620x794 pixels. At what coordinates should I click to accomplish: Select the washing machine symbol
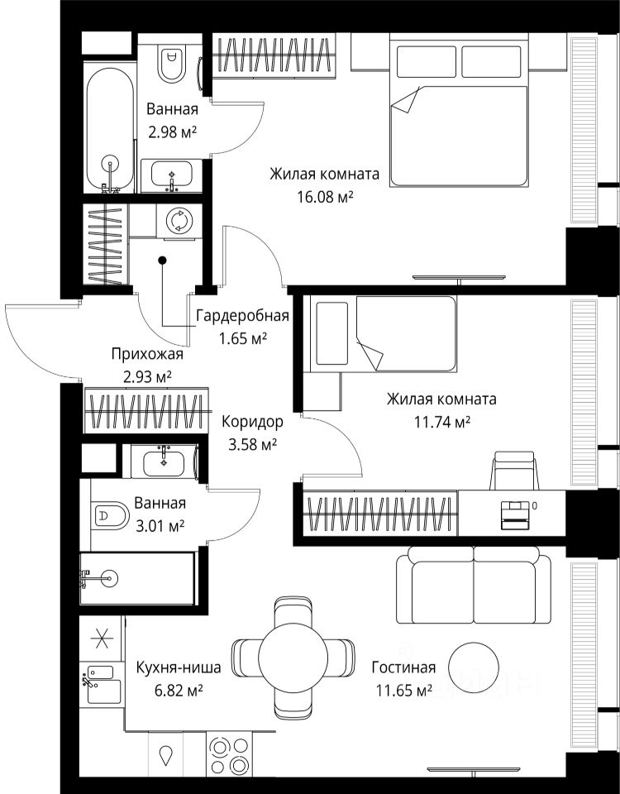coord(179,221)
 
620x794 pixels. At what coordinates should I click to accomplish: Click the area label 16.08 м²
coord(324,197)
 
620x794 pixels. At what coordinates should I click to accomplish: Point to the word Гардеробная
coord(242,317)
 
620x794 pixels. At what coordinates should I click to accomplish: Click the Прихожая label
coord(147,355)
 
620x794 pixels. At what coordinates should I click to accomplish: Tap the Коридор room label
coord(252,421)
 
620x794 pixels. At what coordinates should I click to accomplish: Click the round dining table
coord(293,658)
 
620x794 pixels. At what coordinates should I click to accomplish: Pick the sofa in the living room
coord(473,586)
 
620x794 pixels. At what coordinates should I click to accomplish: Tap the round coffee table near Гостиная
coord(474,668)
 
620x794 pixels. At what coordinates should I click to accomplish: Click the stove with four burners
coord(231,753)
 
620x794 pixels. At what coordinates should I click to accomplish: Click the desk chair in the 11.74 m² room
coord(513,471)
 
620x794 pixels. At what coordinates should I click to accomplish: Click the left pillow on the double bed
coord(426,62)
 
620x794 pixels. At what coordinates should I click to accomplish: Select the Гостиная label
coord(403,667)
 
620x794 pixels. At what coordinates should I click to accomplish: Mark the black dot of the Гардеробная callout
coord(162,261)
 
